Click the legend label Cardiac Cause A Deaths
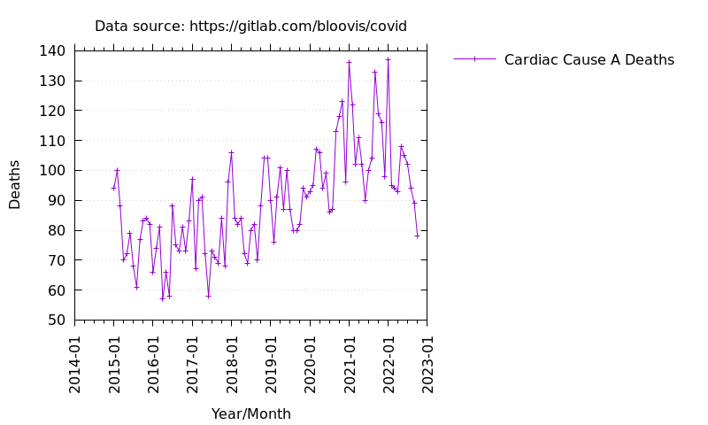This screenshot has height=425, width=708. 589,60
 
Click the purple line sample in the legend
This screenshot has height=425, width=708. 474,59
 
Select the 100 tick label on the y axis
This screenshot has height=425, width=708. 52,171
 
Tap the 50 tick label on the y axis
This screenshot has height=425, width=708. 56,320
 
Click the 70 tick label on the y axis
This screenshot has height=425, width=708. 56,260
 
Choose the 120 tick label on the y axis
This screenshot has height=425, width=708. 52,111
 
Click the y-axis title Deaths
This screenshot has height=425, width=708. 15,184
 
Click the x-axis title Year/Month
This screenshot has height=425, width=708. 250,414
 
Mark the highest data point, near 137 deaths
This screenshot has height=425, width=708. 388,59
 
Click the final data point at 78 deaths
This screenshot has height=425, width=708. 417,236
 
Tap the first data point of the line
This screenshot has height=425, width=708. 113,188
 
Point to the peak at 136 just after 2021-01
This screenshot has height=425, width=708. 349,62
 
